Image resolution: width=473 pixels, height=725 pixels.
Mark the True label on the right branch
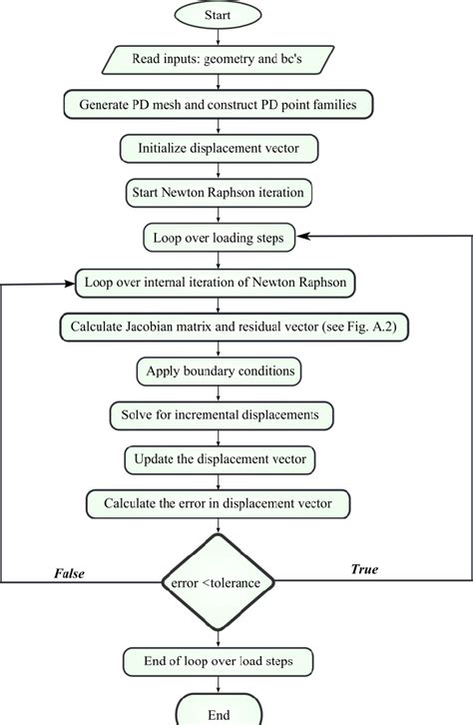pos(362,568)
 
